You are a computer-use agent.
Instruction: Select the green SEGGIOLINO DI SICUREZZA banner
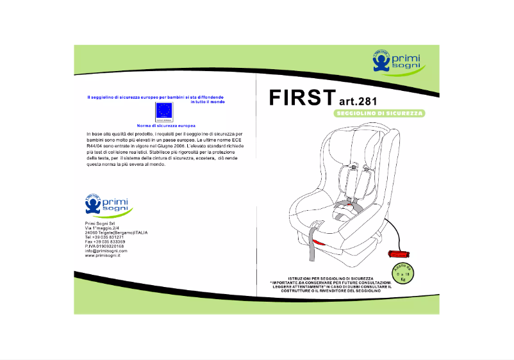tap(380, 113)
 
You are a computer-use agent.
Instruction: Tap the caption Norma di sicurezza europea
tap(167, 126)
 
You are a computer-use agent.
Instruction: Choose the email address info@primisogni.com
tap(106, 250)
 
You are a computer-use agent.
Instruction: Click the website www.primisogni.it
tap(103, 256)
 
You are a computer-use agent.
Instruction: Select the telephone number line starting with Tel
tap(104, 237)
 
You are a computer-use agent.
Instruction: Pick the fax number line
tap(105, 241)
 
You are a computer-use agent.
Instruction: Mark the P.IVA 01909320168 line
tap(104, 246)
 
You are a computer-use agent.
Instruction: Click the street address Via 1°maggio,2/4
tap(103, 227)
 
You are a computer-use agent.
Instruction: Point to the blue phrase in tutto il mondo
tap(208, 102)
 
